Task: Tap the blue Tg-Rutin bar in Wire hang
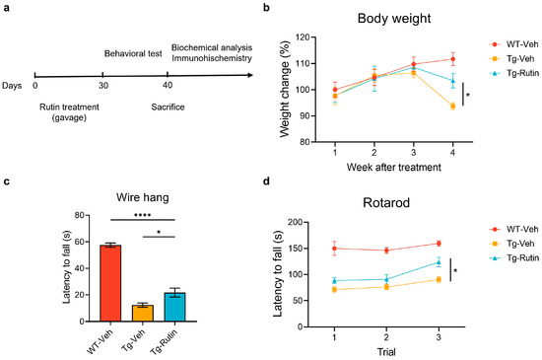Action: [174, 307]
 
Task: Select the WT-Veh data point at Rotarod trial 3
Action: [425, 244]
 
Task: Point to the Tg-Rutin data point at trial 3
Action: [425, 262]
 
